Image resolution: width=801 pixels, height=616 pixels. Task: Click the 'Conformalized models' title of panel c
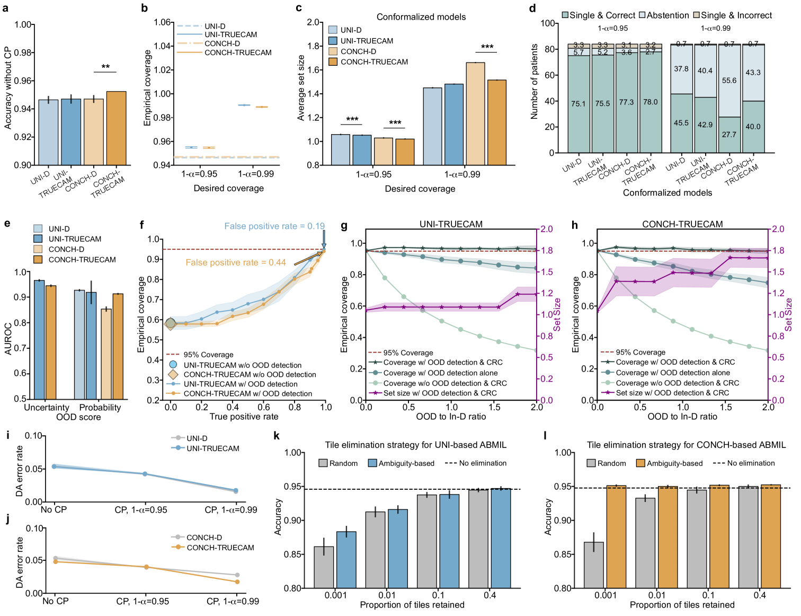(421, 17)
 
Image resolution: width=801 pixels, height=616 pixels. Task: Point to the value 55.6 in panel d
(729, 81)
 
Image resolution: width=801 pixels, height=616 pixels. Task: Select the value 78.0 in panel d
(650, 102)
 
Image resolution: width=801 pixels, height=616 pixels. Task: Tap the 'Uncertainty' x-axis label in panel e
(47, 407)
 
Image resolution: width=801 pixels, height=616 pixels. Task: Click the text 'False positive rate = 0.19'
(274, 226)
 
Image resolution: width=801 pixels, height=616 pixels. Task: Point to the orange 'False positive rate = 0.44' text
(235, 262)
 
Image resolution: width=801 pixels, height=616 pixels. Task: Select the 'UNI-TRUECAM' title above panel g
(451, 224)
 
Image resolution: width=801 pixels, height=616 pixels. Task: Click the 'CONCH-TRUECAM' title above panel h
(682, 224)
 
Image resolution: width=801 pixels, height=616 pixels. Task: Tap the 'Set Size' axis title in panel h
(789, 314)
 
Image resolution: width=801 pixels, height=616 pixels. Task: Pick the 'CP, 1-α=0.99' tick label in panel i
(231, 509)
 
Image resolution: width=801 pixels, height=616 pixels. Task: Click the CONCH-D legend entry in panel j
(204, 538)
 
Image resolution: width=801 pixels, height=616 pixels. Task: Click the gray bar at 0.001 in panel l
(593, 565)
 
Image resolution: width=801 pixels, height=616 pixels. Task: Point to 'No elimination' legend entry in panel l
(751, 463)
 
